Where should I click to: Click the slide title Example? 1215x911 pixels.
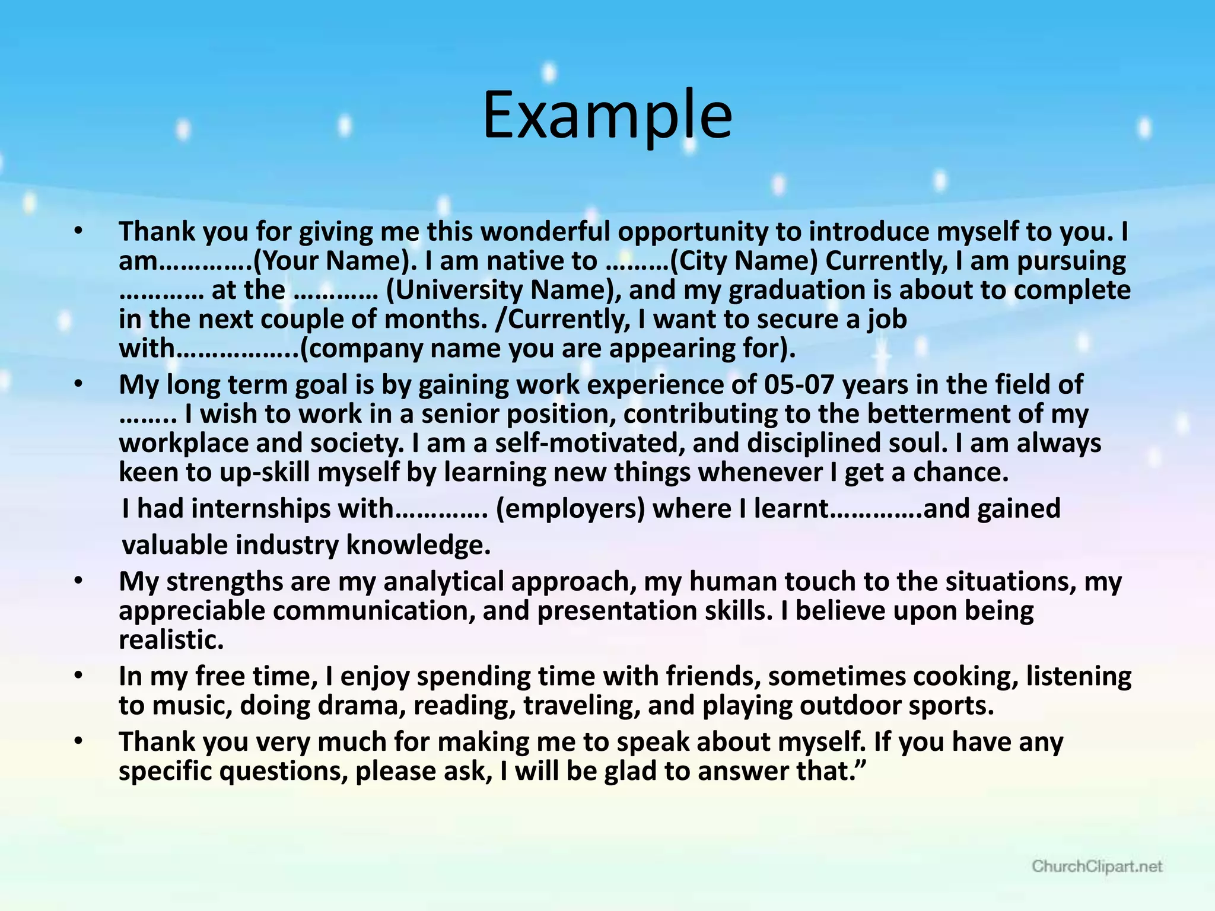(x=607, y=116)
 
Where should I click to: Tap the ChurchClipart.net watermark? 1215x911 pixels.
(x=1097, y=867)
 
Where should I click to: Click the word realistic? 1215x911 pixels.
(x=171, y=640)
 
